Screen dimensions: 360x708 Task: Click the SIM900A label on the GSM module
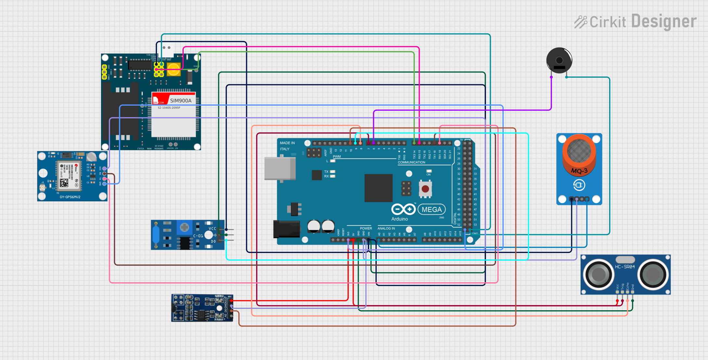coord(181,100)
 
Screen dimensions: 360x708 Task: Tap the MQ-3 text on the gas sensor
coord(579,171)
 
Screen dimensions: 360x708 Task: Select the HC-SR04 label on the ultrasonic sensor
coord(625,267)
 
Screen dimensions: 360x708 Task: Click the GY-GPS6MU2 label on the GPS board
coord(70,197)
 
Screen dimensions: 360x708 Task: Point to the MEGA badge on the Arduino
coord(431,209)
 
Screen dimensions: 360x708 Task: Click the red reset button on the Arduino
coord(425,189)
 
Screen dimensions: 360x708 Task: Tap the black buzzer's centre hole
coord(559,60)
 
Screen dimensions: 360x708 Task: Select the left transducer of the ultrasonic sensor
coord(598,274)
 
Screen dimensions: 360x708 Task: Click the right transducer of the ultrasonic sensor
coord(653,274)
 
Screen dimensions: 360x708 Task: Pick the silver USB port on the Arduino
coord(280,168)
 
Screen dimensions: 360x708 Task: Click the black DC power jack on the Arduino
coord(286,229)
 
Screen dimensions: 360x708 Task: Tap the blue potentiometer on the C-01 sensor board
coord(184,227)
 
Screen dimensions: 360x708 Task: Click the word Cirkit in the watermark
coord(607,22)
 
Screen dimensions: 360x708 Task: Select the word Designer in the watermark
coord(663,21)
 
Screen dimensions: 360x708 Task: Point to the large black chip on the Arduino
coord(378,188)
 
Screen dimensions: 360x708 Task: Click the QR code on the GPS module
coord(64,183)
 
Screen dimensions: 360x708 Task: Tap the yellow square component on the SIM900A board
coord(174,69)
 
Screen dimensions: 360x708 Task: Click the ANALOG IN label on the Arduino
coord(386,228)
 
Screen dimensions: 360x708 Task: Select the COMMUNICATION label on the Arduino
coord(411,162)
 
